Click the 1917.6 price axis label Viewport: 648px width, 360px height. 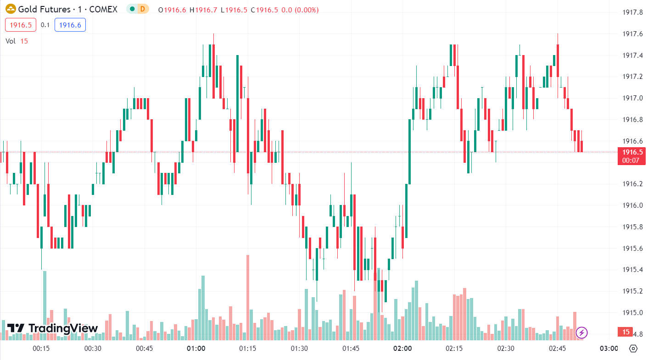click(x=631, y=34)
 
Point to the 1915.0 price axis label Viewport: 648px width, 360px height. click(x=631, y=313)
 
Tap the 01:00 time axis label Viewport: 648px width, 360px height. click(x=196, y=349)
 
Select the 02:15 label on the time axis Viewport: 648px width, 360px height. click(x=454, y=349)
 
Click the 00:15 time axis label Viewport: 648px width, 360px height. click(x=41, y=349)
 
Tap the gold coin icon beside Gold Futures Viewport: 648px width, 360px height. click(x=11, y=9)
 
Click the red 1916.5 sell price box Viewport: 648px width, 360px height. click(x=21, y=25)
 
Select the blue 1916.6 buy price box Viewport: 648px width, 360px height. click(x=70, y=25)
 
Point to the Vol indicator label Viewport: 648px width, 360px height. click(x=11, y=41)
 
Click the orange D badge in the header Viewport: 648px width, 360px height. click(x=143, y=9)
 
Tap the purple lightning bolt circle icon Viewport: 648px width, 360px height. click(x=581, y=332)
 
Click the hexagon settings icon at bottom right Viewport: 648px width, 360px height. click(x=633, y=349)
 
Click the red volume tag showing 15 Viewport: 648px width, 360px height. click(x=626, y=332)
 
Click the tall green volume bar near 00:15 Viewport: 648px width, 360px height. click(x=45, y=305)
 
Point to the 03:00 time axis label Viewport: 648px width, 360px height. click(x=609, y=349)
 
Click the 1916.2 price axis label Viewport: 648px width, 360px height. click(x=631, y=184)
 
